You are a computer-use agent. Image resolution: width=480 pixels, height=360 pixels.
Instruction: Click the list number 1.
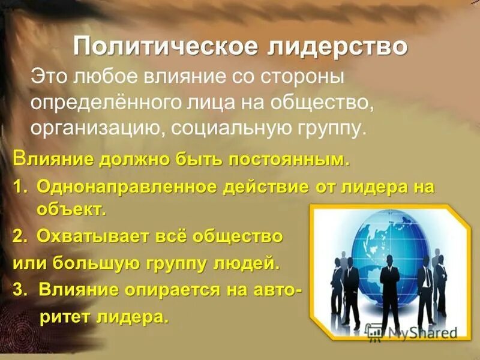pyautogui.click(x=19, y=187)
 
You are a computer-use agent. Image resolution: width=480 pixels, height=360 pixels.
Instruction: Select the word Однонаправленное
pyautogui.click(x=126, y=187)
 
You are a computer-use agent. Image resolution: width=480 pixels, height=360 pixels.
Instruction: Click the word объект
pyautogui.click(x=67, y=209)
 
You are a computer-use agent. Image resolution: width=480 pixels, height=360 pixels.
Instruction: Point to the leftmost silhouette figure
pyautogui.click(x=337, y=276)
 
